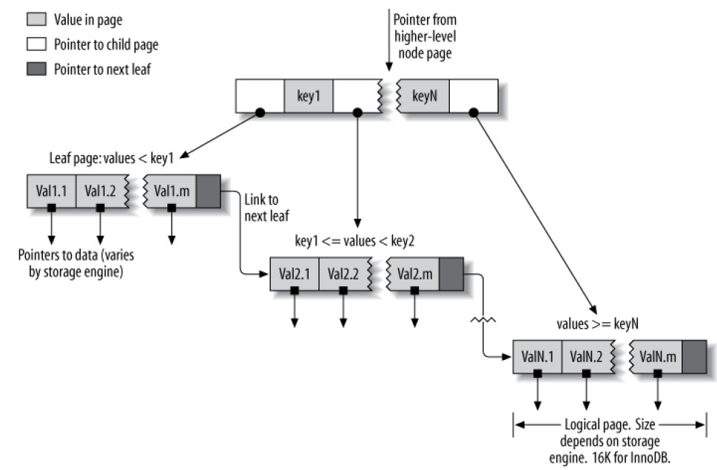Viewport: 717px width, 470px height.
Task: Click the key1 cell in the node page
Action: pos(308,97)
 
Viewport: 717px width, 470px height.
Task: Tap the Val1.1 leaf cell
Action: pos(51,191)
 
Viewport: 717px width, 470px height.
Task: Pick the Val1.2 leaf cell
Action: pos(101,191)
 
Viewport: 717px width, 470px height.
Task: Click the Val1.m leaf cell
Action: pos(172,191)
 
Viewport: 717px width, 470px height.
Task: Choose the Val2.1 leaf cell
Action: pos(294,273)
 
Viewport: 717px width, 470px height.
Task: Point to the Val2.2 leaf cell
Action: pos(343,273)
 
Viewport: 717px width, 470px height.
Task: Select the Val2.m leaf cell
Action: pos(414,273)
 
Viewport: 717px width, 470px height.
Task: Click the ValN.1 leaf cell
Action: pos(537,356)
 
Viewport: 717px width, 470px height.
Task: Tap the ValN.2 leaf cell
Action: pos(586,356)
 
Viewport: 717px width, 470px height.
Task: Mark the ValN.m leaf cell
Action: pos(657,356)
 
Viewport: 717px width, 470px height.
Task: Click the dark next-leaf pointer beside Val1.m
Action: pos(208,191)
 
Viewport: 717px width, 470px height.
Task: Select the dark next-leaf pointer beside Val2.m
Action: pos(451,273)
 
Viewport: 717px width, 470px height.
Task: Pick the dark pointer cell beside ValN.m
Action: pos(693,356)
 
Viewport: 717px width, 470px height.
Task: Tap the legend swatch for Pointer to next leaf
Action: pos(36,69)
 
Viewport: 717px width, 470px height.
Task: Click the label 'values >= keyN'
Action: pos(596,323)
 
